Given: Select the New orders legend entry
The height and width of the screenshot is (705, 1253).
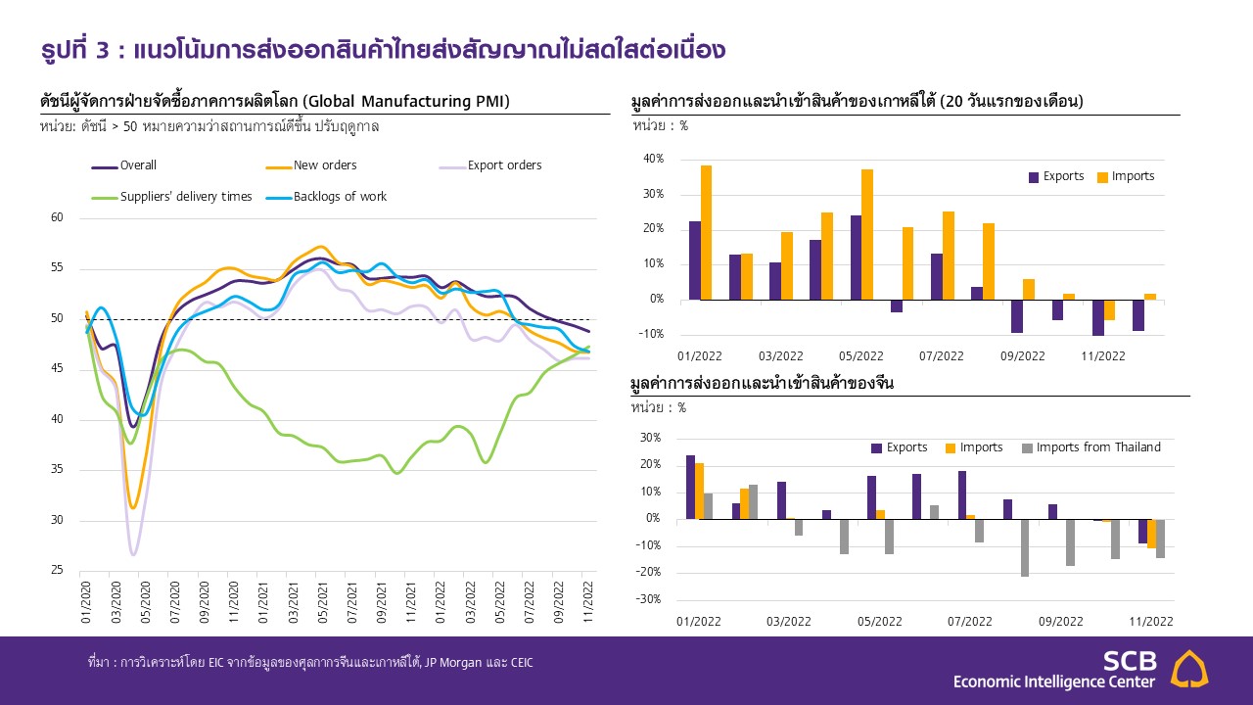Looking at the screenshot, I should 325,165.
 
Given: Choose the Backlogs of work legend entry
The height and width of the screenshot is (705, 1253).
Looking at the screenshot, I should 340,197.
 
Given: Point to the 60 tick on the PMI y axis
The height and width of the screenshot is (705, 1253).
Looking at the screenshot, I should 56,217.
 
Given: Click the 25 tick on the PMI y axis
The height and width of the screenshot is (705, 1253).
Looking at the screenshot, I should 56,571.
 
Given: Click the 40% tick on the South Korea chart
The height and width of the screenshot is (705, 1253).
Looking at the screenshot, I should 653,159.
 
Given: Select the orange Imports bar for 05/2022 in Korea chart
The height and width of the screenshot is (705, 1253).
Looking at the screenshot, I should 866,234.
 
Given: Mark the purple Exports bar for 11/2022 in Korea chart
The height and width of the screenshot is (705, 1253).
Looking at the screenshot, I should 1098,317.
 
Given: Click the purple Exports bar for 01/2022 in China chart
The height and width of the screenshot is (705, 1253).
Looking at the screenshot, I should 690,487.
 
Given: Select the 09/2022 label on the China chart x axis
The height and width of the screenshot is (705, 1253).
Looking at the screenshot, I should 1061,622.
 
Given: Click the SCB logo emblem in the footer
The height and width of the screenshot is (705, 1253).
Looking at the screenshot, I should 1189,669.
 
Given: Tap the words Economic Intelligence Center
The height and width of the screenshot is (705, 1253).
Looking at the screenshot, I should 1054,681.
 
